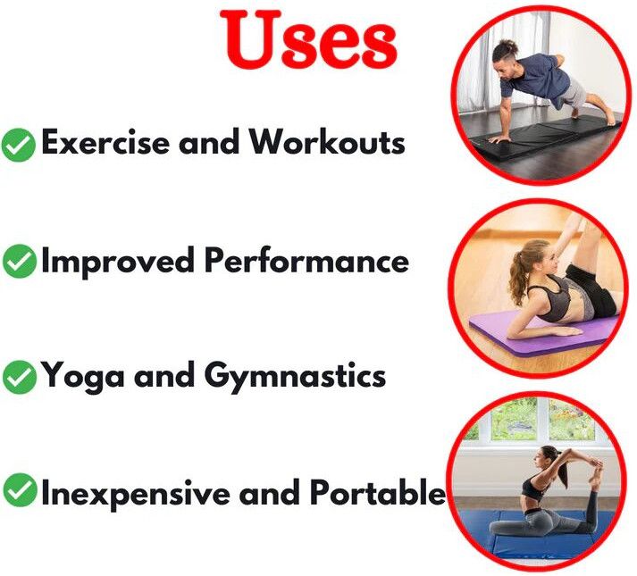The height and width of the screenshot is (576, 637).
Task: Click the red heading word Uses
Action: pyautogui.click(x=308, y=39)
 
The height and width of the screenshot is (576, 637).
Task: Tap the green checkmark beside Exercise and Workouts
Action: pyautogui.click(x=18, y=145)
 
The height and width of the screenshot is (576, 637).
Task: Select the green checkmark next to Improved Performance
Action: pyautogui.click(x=19, y=261)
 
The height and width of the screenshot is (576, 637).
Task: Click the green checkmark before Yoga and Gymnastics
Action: pyautogui.click(x=19, y=377)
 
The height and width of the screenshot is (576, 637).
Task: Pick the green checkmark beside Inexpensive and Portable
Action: pyautogui.click(x=19, y=489)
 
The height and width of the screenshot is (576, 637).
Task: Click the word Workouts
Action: pyautogui.click(x=327, y=142)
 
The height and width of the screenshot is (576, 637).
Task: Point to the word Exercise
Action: pyautogui.click(x=105, y=142)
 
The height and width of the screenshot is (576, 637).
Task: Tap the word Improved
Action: pyautogui.click(x=118, y=260)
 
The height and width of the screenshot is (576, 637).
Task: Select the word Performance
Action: pyautogui.click(x=306, y=260)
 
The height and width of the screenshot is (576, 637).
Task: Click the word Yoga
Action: pyautogui.click(x=83, y=377)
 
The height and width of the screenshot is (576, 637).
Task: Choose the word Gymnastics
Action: pyautogui.click(x=295, y=377)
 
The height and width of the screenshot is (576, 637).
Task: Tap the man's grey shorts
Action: pyautogui.click(x=573, y=93)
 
